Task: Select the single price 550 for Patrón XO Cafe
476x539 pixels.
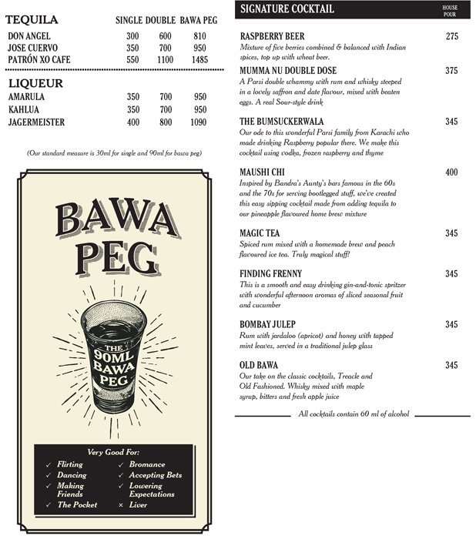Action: pos(132,59)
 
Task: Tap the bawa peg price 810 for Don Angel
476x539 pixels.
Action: pos(199,36)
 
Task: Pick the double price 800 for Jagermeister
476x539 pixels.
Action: pos(165,122)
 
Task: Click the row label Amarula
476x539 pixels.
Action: pos(26,97)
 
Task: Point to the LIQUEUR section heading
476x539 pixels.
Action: pos(35,83)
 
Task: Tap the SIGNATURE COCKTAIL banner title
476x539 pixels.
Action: pos(287,9)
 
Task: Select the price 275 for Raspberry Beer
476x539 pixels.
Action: pos(452,36)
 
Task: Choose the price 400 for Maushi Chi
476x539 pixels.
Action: pos(452,172)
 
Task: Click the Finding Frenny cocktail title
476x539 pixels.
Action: pos(270,273)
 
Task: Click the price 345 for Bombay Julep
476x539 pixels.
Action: pos(452,324)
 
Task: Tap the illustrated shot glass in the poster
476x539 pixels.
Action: pos(116,355)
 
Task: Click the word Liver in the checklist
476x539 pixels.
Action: pos(138,505)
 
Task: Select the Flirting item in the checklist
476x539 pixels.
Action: pos(71,465)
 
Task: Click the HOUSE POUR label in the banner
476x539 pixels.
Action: pos(450,9)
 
